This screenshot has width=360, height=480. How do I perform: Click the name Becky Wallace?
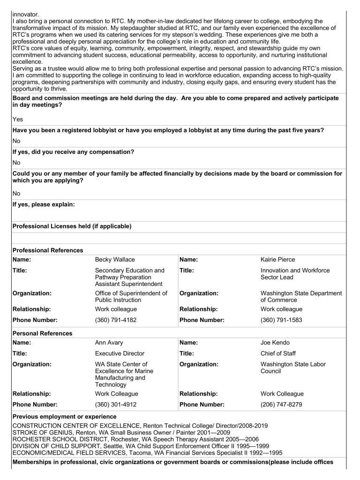(114, 260)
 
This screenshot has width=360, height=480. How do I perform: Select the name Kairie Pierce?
(278, 260)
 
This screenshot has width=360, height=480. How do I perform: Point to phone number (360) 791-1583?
(281, 320)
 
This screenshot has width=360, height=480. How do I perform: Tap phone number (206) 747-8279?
(281, 404)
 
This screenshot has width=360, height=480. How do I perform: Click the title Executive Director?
(120, 353)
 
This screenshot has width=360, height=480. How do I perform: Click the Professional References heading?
(48, 250)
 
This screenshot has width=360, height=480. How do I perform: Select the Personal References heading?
(43, 333)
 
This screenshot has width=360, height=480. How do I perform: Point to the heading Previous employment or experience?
(65, 416)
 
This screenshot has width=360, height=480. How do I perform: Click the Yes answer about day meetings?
(18, 120)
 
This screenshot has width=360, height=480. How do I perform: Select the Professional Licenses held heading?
(72, 226)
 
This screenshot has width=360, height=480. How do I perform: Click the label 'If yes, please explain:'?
(44, 204)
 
